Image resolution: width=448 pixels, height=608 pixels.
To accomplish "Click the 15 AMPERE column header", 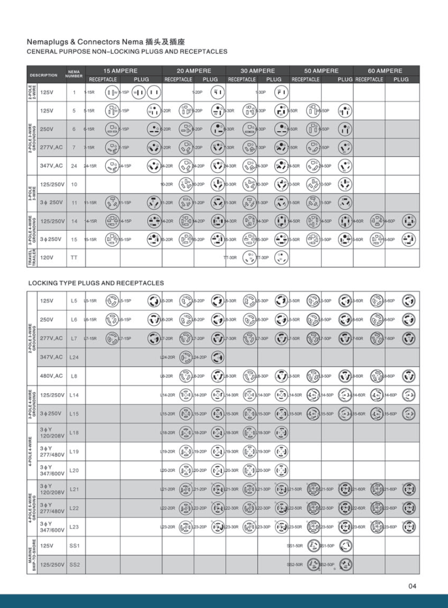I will click(120, 70).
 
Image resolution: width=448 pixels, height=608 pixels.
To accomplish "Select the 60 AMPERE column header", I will click(385, 70).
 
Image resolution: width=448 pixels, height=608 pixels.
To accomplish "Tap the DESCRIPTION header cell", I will click(44, 75).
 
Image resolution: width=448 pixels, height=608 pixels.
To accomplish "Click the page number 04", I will click(412, 586).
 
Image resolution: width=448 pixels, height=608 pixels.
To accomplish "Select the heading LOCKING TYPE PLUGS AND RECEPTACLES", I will click(96, 283).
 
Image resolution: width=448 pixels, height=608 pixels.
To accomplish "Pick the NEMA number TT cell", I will click(74, 258).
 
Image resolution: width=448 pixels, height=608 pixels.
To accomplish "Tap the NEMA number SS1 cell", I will click(74, 546).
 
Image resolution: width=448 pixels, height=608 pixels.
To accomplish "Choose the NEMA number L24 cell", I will click(74, 357).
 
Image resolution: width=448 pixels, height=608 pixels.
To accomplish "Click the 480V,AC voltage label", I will click(51, 376).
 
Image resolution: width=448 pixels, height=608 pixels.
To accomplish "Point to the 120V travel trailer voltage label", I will click(47, 258).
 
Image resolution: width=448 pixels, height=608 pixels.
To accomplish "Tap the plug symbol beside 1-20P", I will click(217, 93).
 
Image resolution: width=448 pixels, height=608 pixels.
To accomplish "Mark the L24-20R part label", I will click(167, 357).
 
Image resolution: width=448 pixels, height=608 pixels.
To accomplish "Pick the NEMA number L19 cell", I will click(74, 452).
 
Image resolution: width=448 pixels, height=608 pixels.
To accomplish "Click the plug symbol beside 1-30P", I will click(281, 93).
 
